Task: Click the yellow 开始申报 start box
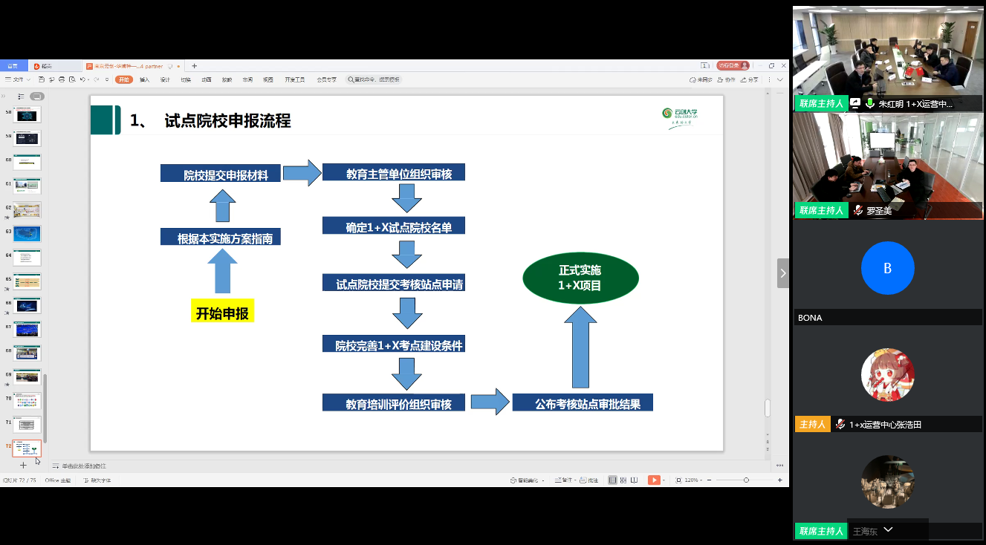pyautogui.click(x=222, y=313)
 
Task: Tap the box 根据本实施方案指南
pyautogui.click(x=221, y=238)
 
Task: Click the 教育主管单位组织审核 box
pyautogui.click(x=394, y=174)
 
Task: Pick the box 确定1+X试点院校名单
pyautogui.click(x=394, y=226)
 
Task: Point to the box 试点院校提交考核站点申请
pyautogui.click(x=394, y=284)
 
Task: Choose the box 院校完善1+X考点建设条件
pyautogui.click(x=394, y=345)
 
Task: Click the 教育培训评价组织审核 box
pyautogui.click(x=394, y=403)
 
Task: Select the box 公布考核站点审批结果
pyautogui.click(x=583, y=403)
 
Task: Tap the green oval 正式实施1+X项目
pyautogui.click(x=580, y=278)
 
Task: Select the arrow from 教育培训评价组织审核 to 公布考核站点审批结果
pyautogui.click(x=488, y=402)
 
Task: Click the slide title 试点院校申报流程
pyautogui.click(x=227, y=120)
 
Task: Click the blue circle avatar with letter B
pyautogui.click(x=887, y=268)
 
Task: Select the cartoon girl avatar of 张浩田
pyautogui.click(x=887, y=375)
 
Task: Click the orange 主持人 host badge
pyautogui.click(x=811, y=424)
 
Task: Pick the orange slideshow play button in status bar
pyautogui.click(x=654, y=480)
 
